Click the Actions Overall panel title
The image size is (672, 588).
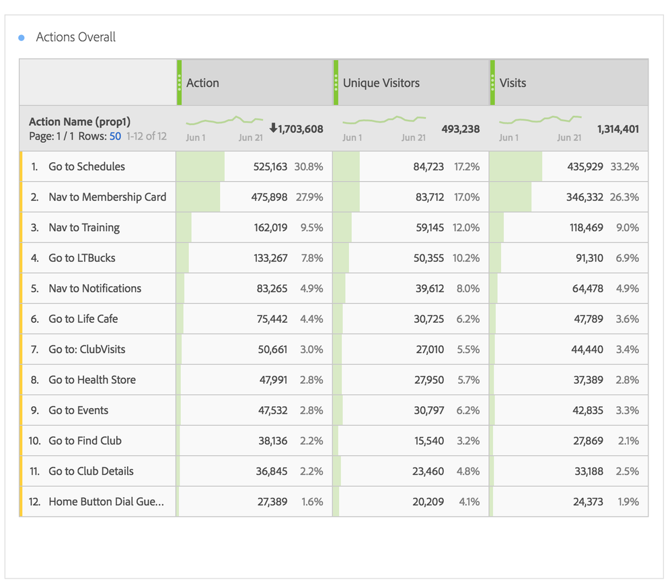pyautogui.click(x=75, y=37)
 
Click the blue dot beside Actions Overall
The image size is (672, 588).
pyautogui.click(x=22, y=38)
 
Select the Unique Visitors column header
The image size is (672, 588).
pyautogui.click(x=381, y=83)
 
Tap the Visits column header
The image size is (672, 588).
pyautogui.click(x=513, y=83)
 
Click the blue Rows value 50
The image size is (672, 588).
pyautogui.click(x=115, y=136)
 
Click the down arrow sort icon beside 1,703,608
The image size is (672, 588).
pyautogui.click(x=273, y=128)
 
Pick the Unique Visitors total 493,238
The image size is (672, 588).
pyautogui.click(x=461, y=129)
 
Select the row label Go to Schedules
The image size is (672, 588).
pyautogui.click(x=86, y=166)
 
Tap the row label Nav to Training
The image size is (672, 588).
pyautogui.click(x=84, y=228)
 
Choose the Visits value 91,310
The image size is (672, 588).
pyautogui.click(x=587, y=258)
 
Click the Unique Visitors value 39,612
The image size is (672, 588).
pyautogui.click(x=429, y=288)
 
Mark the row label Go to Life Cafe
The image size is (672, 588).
pyautogui.click(x=83, y=319)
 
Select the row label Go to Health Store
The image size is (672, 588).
pyautogui.click(x=91, y=380)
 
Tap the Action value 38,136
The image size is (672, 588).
pyautogui.click(x=272, y=440)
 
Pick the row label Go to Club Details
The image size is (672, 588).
pyautogui.click(x=91, y=471)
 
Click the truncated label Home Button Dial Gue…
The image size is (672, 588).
pyautogui.click(x=106, y=502)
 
